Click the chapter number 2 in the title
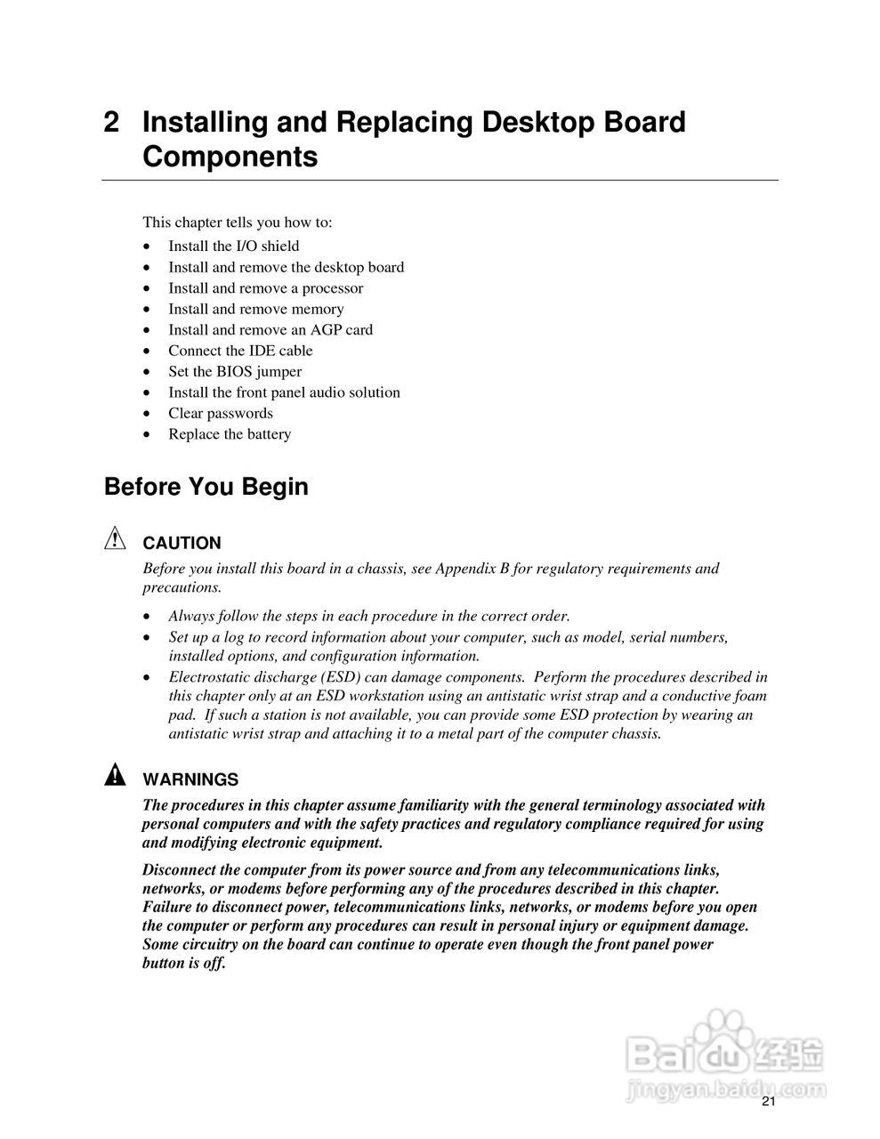click(x=112, y=123)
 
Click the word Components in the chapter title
click(x=230, y=158)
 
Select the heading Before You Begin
click(x=206, y=488)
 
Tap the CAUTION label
click(x=182, y=543)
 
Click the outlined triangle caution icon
click(x=115, y=538)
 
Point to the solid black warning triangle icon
click(x=115, y=776)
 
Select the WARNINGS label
click(x=190, y=780)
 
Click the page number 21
click(x=769, y=1102)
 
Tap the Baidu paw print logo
click(x=723, y=1031)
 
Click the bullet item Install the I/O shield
click(x=233, y=246)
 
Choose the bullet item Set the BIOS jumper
click(x=235, y=372)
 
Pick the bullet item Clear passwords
click(x=221, y=414)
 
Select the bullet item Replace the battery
click(x=230, y=434)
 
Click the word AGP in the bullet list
click(x=327, y=330)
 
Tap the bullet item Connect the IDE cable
click(x=240, y=351)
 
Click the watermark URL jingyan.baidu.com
click(x=726, y=1088)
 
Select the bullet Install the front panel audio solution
click(x=284, y=392)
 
